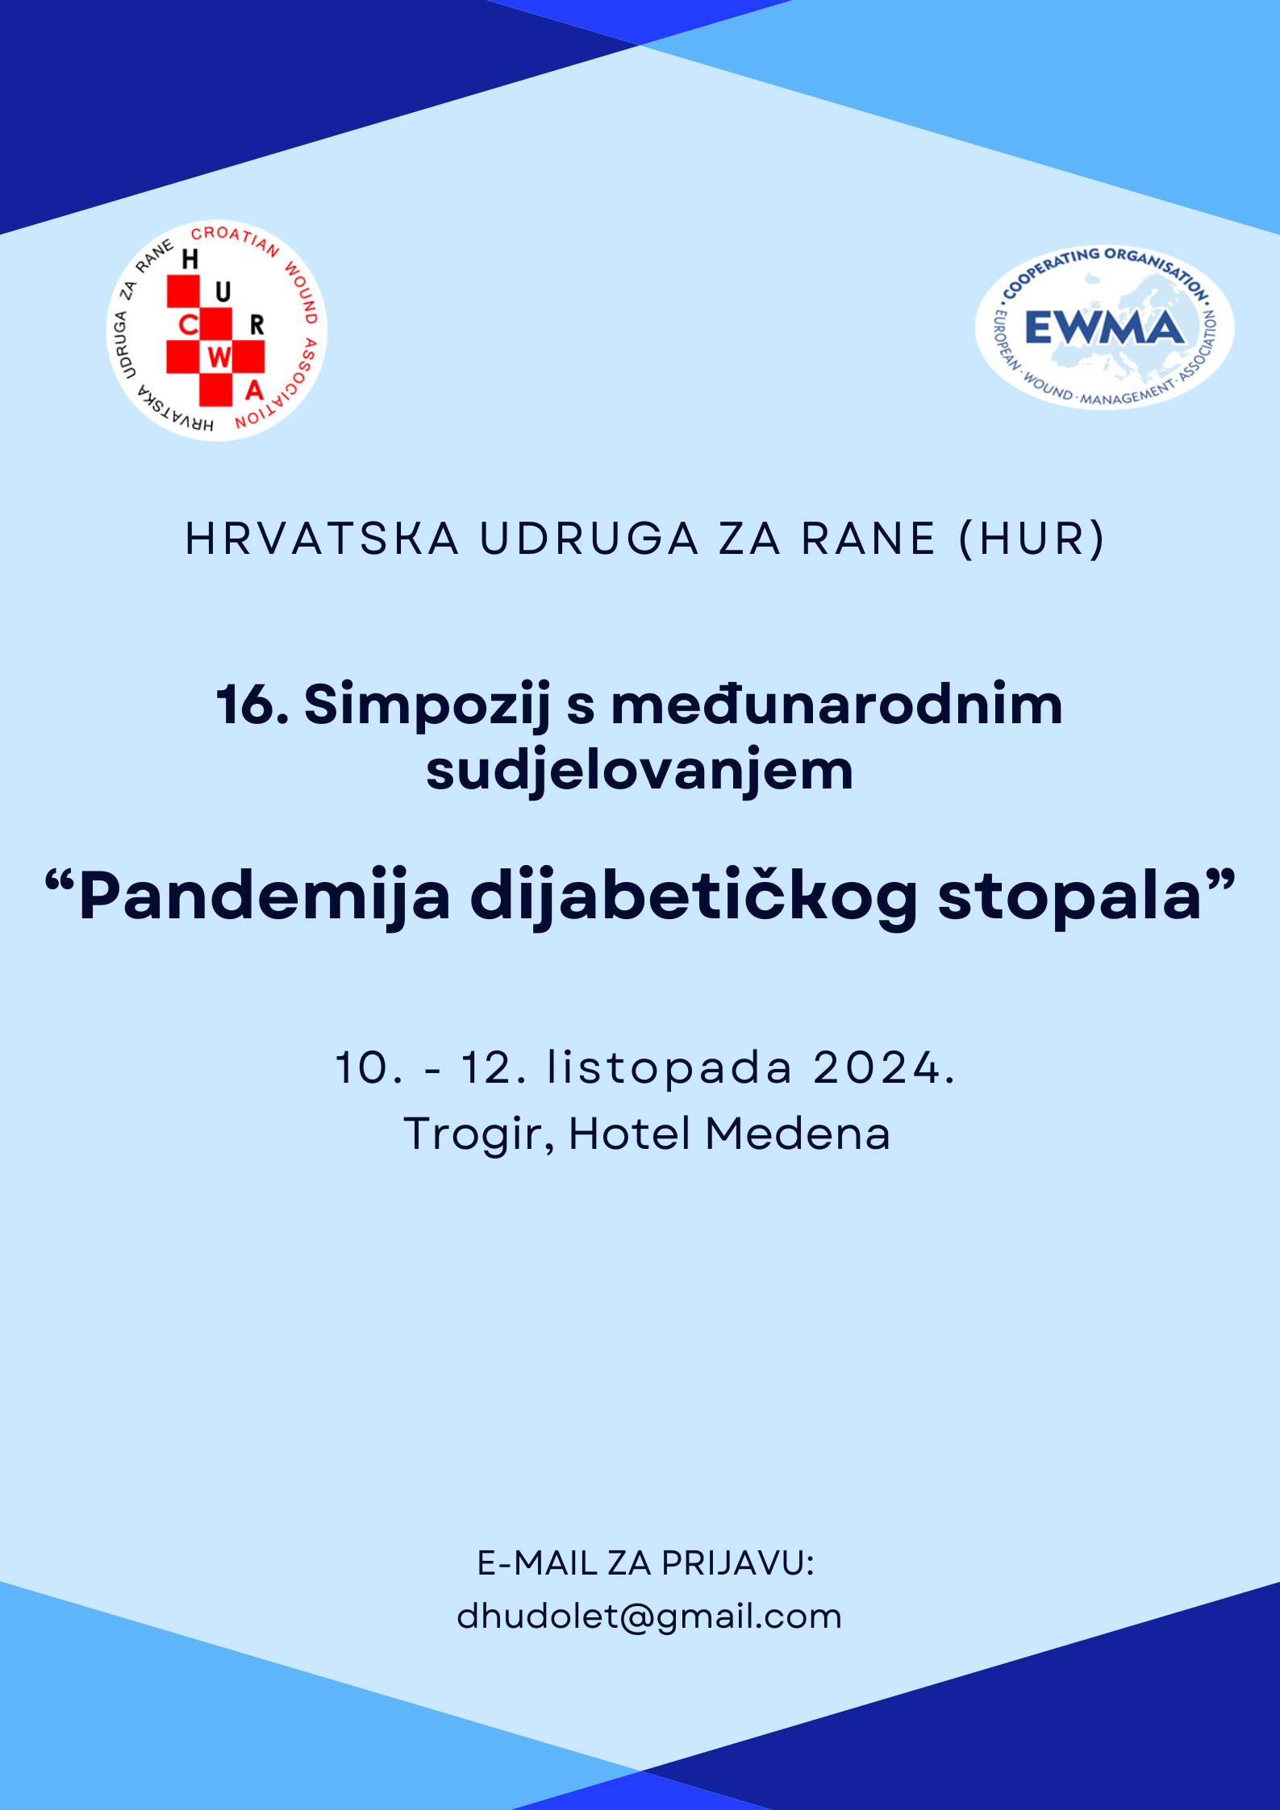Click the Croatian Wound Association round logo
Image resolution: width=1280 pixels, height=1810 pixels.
point(217,331)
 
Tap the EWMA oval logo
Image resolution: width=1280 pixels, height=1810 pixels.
point(1104,327)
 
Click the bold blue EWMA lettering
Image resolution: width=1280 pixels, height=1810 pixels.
point(1104,328)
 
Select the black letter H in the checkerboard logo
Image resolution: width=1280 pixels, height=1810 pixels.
point(190,259)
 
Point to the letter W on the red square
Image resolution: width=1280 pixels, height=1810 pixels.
point(219,357)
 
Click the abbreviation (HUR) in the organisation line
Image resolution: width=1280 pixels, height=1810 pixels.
point(1032,539)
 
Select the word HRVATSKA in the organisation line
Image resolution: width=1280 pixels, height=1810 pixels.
point(322,539)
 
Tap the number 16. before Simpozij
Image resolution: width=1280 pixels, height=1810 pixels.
point(252,705)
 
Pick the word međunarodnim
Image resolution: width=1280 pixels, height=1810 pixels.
point(836,704)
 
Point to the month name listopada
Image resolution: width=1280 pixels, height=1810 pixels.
point(669,1069)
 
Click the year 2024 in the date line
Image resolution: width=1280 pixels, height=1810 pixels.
point(878,1068)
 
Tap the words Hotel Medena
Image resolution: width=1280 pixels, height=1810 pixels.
point(729,1134)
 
